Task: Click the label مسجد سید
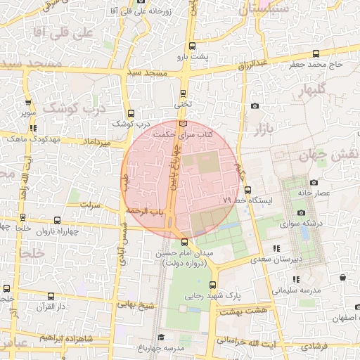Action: [147, 73]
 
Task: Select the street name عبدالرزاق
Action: [255, 64]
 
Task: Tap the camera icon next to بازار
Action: [255, 106]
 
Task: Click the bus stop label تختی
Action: [183, 103]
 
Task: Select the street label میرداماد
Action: [98, 143]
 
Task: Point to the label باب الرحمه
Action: [145, 211]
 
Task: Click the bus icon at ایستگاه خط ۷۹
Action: [247, 189]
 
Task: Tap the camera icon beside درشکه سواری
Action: [302, 213]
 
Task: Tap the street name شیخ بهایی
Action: [136, 305]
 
